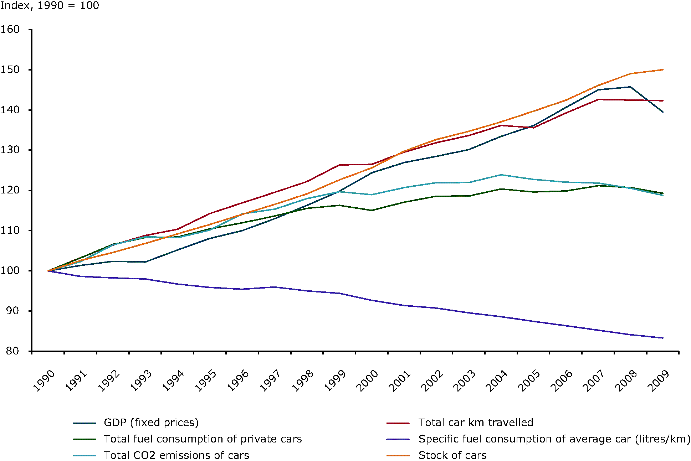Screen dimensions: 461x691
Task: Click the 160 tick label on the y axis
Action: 10,29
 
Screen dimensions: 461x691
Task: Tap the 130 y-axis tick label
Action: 10,150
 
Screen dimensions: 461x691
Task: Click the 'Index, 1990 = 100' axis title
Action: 50,5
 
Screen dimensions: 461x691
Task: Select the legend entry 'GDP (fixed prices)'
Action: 151,423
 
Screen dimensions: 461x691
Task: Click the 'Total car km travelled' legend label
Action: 476,423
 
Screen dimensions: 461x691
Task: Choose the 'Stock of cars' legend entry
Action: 452,455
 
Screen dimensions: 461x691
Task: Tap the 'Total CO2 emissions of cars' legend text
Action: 176,455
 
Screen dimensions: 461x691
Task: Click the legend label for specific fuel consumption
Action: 554,439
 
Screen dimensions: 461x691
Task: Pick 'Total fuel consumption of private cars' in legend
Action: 203,439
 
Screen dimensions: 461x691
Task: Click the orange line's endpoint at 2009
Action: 663,69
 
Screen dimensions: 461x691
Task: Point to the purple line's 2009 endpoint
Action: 663,338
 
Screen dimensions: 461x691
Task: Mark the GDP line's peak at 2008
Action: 630,87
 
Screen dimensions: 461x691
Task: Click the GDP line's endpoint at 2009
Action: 663,112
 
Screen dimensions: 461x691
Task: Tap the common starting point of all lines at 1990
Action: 48,271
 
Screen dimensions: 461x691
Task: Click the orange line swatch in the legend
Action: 398,456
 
